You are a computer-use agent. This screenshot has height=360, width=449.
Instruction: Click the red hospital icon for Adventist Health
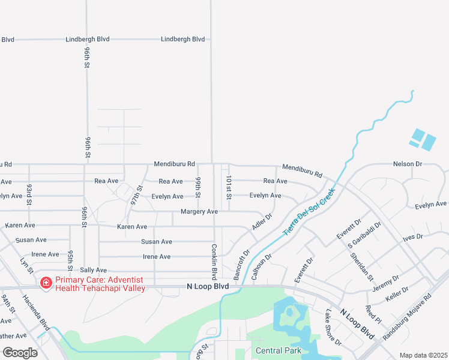(46, 283)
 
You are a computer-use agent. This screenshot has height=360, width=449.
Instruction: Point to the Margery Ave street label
(199, 212)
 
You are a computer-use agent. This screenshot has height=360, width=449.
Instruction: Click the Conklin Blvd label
(214, 262)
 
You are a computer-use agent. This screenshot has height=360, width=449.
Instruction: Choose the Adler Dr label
(262, 223)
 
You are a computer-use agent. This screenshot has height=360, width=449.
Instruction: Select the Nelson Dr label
(408, 164)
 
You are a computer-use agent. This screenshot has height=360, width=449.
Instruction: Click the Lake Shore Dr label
(333, 328)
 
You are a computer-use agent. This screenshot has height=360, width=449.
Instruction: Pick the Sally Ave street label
(93, 271)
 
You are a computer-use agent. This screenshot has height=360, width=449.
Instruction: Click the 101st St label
(228, 187)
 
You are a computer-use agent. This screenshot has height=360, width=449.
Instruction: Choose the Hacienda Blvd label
(37, 312)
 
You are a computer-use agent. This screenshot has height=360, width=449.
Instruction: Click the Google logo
(20, 352)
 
